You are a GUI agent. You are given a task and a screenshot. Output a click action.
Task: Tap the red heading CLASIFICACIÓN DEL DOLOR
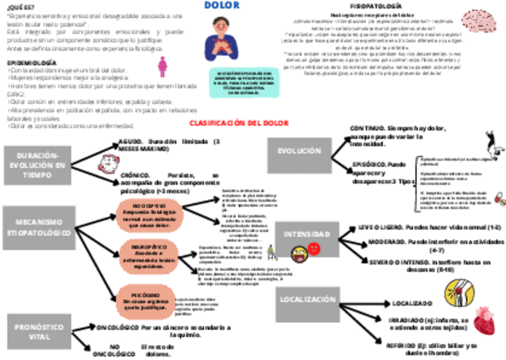click(239, 123)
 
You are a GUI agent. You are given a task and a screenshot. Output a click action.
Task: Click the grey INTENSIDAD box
click(307, 234)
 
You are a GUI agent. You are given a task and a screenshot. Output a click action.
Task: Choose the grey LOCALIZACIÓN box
click(308, 300)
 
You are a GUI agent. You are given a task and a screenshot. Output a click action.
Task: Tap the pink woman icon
click(162, 67)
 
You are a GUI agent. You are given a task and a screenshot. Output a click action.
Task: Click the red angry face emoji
click(314, 248)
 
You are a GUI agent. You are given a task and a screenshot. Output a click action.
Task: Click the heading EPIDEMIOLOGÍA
click(32, 62)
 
